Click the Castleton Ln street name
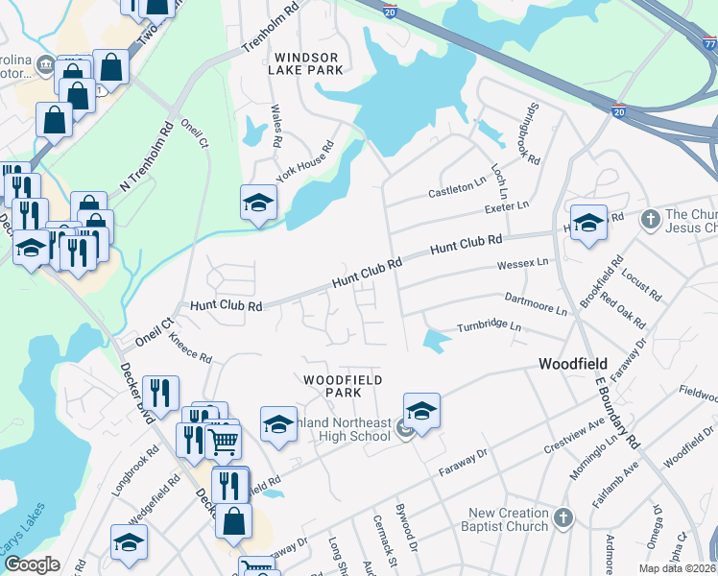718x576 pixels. [x=457, y=188]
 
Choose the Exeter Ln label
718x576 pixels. [x=508, y=206]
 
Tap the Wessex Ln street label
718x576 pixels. [x=522, y=262]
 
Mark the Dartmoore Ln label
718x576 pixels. [x=536, y=304]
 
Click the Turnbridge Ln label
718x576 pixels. [x=488, y=326]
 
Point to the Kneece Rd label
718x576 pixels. [x=189, y=348]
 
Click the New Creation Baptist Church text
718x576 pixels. [x=509, y=519]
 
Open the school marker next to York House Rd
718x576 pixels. [x=259, y=203]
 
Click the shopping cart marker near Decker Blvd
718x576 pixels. [x=223, y=442]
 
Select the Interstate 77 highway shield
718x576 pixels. [x=709, y=44]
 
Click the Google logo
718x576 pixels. [x=33, y=564]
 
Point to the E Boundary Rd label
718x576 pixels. [x=614, y=413]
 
